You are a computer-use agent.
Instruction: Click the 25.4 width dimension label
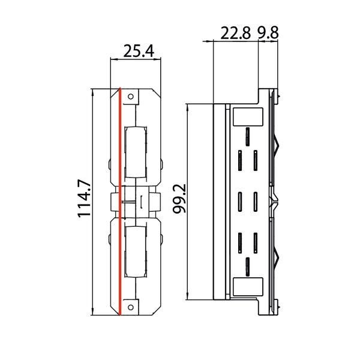[x=139, y=52]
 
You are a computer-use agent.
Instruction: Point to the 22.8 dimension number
[x=235, y=33]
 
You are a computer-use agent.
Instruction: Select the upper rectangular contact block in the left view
[x=135, y=153]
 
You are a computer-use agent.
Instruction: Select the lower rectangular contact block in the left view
[x=135, y=252]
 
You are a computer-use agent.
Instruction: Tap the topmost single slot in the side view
[x=247, y=134]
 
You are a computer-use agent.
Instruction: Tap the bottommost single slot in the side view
[x=247, y=263]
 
